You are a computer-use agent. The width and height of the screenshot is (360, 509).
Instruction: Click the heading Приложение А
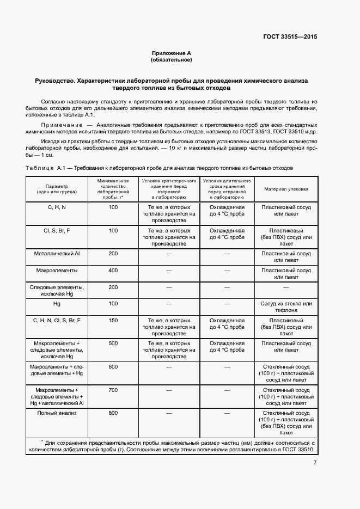[x=172, y=53]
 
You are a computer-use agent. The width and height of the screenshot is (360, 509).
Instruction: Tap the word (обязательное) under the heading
[x=172, y=59]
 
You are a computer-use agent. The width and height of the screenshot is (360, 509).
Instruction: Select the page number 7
[x=315, y=463]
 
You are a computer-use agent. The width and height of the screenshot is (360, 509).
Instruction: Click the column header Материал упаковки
[x=286, y=189]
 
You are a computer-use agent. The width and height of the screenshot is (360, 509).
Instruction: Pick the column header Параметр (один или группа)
[x=57, y=189]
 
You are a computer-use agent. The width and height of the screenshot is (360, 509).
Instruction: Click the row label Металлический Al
[x=57, y=254]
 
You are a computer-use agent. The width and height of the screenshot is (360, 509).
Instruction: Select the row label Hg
[x=57, y=303]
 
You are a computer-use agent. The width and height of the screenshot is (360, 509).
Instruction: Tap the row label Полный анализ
[x=57, y=413]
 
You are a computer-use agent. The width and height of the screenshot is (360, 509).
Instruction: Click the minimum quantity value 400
[x=113, y=271]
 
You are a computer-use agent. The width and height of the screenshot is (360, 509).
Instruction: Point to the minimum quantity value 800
[x=113, y=413]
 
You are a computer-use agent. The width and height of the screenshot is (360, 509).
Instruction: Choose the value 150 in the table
[x=113, y=321]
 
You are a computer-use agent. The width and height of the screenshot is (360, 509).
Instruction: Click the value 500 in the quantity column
[x=113, y=344]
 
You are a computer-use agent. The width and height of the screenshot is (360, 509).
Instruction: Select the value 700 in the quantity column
[x=113, y=390]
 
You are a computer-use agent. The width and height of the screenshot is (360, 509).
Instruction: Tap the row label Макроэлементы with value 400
[x=57, y=271]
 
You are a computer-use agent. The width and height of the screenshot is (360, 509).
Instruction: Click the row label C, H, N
[x=57, y=207]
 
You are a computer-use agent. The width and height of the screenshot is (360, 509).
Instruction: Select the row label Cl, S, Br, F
[x=57, y=231]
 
